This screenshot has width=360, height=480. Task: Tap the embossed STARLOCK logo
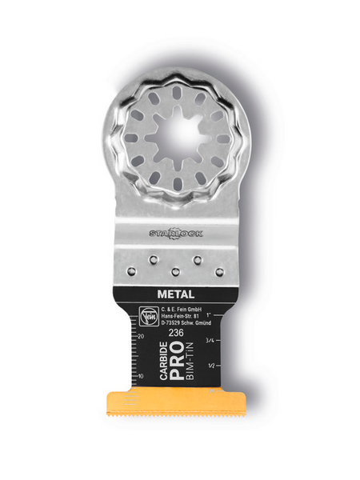(176, 233)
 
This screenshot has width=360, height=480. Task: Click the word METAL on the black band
(176, 293)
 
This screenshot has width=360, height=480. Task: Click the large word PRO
(177, 358)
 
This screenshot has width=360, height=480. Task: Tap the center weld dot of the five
(176, 272)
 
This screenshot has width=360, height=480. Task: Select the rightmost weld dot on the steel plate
(219, 272)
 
